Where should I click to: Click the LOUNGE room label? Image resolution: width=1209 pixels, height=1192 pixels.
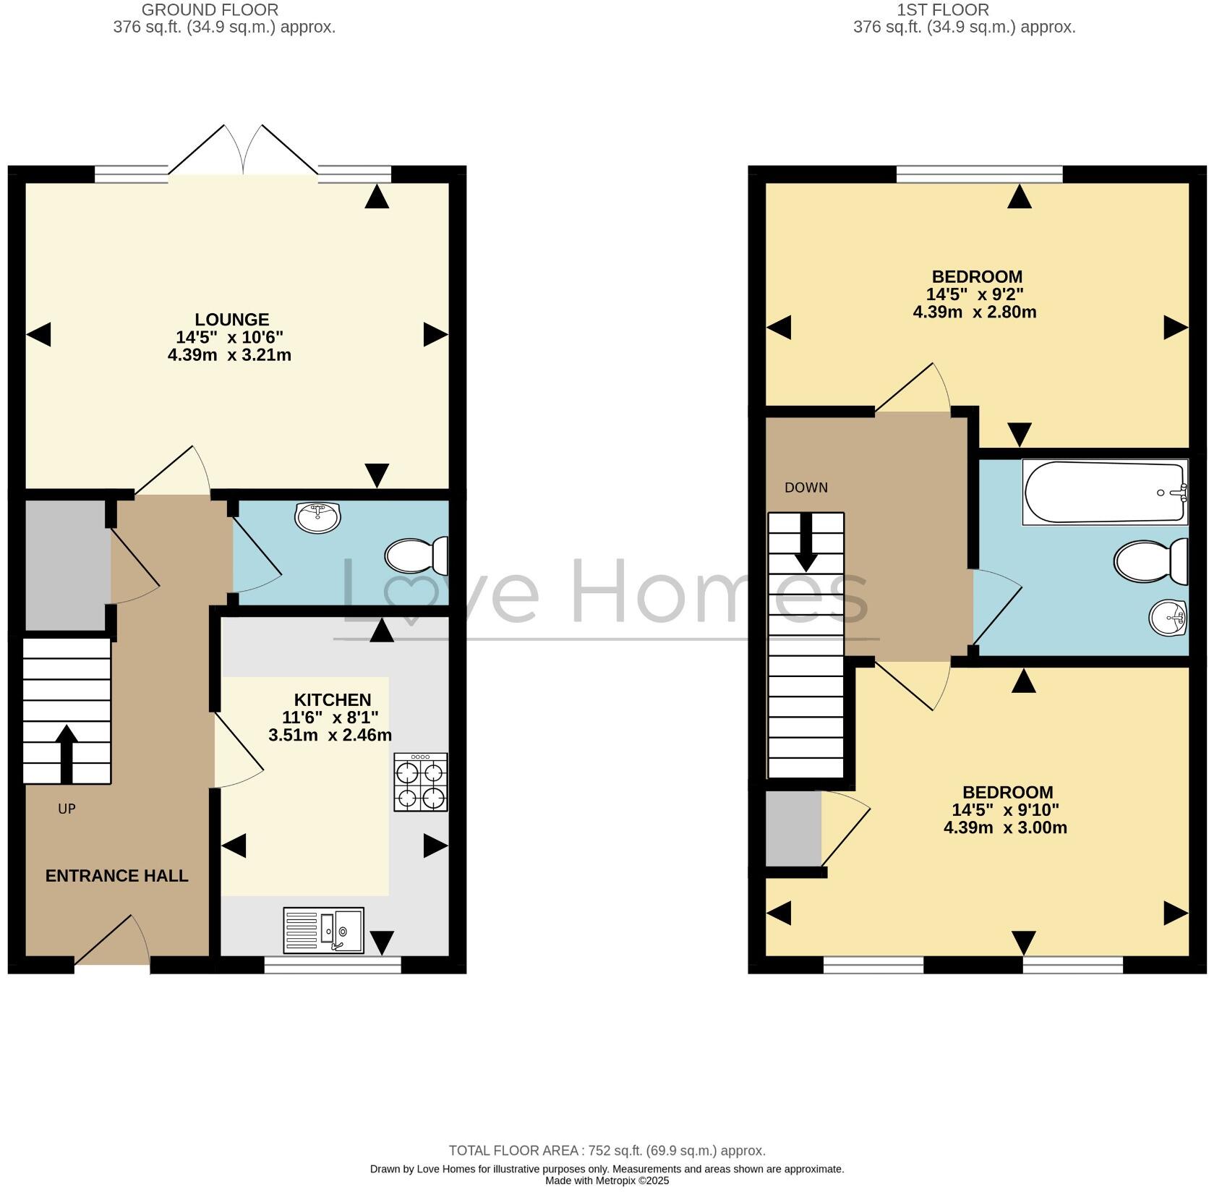[231, 319]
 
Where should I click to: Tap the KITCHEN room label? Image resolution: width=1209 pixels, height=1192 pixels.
[332, 699]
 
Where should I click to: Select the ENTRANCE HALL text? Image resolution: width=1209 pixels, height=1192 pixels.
[116, 875]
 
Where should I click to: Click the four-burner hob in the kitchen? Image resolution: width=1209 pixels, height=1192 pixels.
[420, 782]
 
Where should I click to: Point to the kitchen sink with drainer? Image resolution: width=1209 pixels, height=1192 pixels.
[323, 930]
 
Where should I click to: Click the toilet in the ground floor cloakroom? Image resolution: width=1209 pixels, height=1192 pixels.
[416, 556]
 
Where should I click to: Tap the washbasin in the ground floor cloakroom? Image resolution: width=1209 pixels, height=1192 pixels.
[317, 516]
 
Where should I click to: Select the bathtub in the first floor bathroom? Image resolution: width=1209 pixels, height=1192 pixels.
[1103, 493]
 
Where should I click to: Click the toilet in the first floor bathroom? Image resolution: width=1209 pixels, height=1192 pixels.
[1150, 561]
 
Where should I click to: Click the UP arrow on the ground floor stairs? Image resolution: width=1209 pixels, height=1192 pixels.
[66, 753]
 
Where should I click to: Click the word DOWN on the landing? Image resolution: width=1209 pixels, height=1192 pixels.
[806, 488]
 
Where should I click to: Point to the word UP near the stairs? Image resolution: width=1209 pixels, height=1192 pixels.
[67, 809]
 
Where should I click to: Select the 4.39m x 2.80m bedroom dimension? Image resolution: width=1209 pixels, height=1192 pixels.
[974, 312]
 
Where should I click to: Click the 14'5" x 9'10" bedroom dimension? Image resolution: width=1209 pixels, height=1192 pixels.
[1004, 809]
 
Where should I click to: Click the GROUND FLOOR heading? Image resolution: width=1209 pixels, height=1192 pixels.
[210, 10]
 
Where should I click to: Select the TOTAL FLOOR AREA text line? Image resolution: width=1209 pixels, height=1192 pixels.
[606, 1150]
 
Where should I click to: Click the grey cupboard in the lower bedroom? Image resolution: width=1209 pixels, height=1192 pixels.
[793, 828]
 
